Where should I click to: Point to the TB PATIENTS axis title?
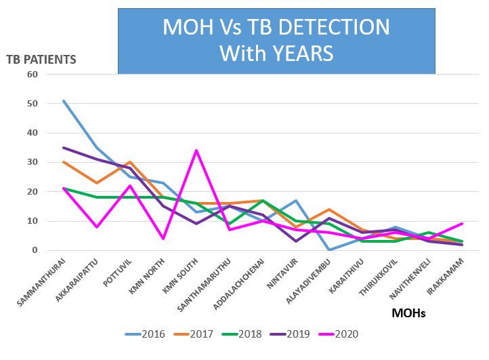41,59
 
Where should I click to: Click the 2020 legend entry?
363,334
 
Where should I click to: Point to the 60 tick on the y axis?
33,74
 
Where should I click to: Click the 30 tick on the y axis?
33,162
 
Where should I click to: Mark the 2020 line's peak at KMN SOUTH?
196,151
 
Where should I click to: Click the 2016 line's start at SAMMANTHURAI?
62,100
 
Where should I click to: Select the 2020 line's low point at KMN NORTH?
163,239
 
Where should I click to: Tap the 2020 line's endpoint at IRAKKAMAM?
462,224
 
